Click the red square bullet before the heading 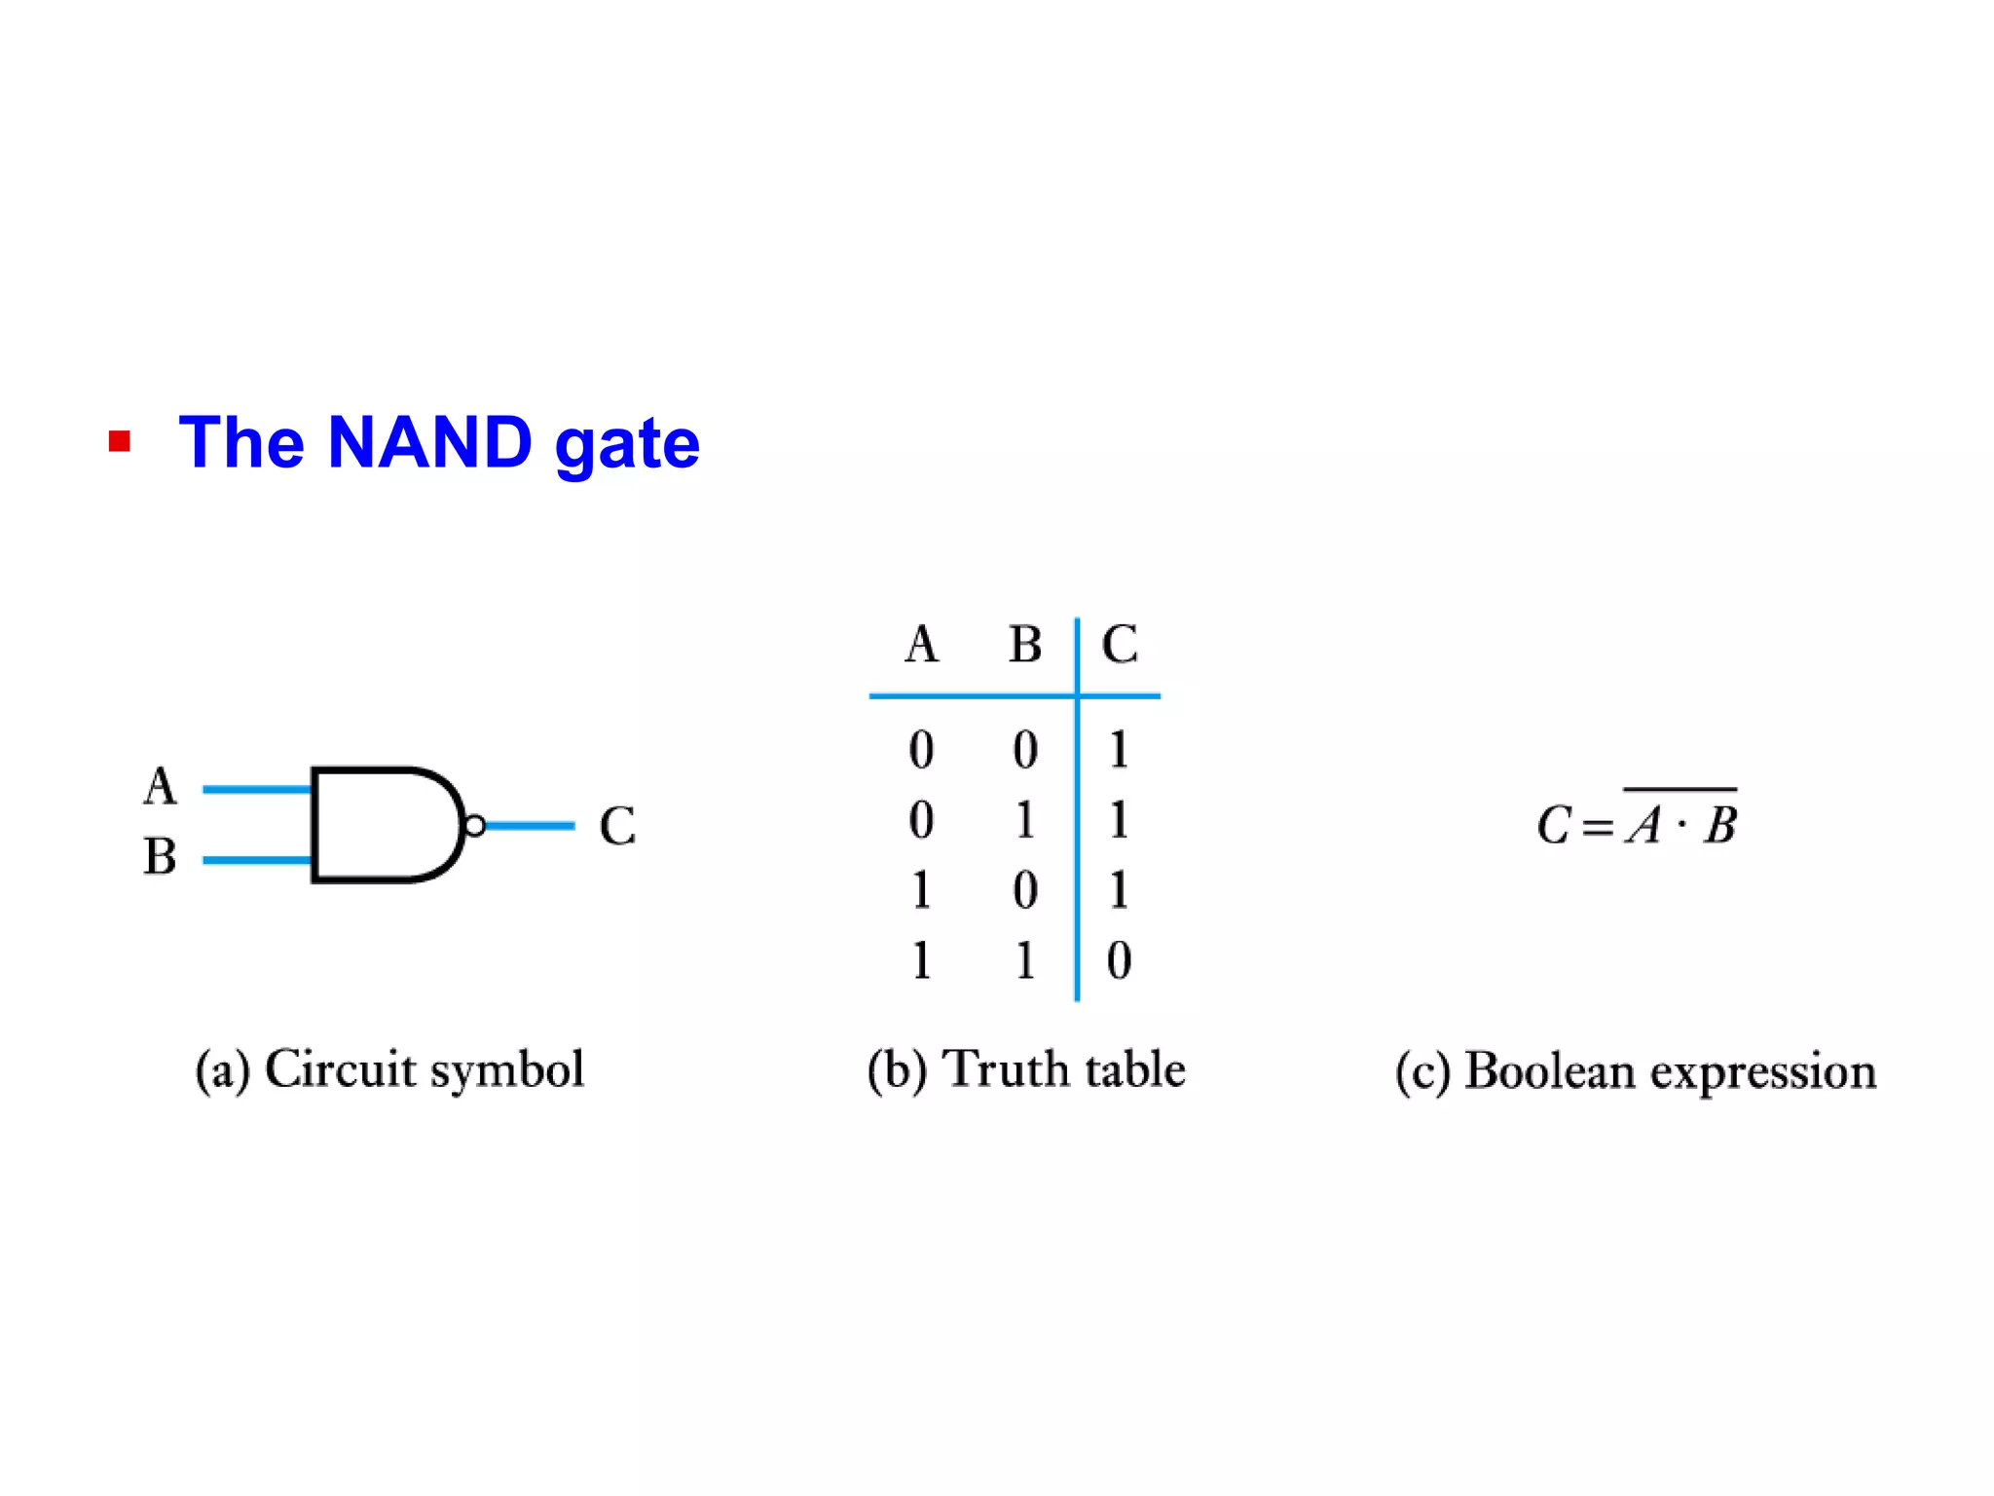click(120, 442)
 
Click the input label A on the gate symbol click(161, 787)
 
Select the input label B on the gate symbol click(161, 857)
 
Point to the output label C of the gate click(617, 826)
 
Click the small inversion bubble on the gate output click(474, 826)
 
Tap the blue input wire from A click(255, 789)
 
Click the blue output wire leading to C click(530, 826)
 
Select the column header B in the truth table click(1024, 645)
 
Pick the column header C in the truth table click(1120, 645)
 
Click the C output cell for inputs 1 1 click(1119, 960)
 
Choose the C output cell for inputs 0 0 click(1119, 750)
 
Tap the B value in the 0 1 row click(1024, 820)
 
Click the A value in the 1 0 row click(921, 890)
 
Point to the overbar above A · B click(1680, 789)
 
